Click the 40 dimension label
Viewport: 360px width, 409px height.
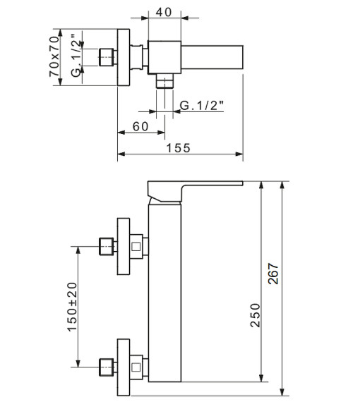click(x=164, y=12)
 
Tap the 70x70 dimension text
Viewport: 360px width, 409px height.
click(x=54, y=56)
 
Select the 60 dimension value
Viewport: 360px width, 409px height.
click(x=140, y=126)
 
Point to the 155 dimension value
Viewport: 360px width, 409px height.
click(x=179, y=148)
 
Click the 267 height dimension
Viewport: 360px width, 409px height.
click(x=273, y=274)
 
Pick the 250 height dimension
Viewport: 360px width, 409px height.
click(x=256, y=315)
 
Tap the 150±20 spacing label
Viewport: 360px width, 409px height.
click(x=72, y=307)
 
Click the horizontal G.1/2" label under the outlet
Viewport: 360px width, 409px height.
click(x=202, y=105)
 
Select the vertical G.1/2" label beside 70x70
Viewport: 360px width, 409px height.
click(x=76, y=56)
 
